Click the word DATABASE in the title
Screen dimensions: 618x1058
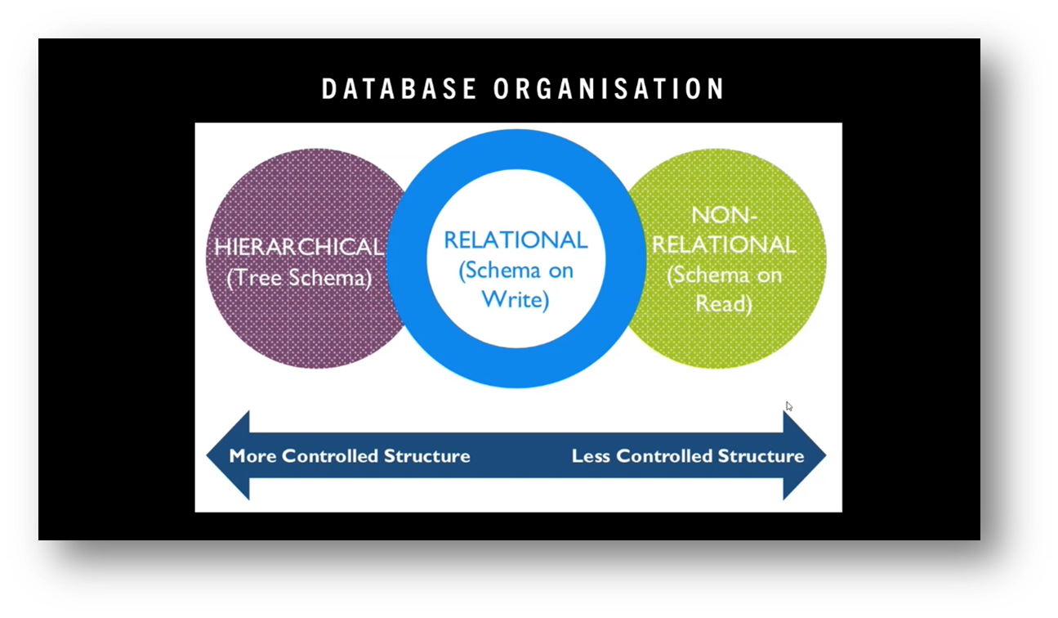(x=400, y=89)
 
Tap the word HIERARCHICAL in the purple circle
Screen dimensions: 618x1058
(x=298, y=246)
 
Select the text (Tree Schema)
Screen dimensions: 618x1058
(x=299, y=277)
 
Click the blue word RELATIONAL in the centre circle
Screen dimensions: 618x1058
(x=516, y=240)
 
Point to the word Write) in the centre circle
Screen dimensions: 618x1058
(x=516, y=299)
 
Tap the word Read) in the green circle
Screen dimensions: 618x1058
(x=723, y=303)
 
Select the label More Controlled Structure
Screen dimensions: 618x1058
(x=350, y=455)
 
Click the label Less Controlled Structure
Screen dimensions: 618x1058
(x=688, y=455)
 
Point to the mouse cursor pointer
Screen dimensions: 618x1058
(x=789, y=406)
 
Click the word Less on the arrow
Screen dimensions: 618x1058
(x=591, y=455)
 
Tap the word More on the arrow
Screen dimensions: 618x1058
(x=252, y=455)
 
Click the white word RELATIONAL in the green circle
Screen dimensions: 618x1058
(x=723, y=244)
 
